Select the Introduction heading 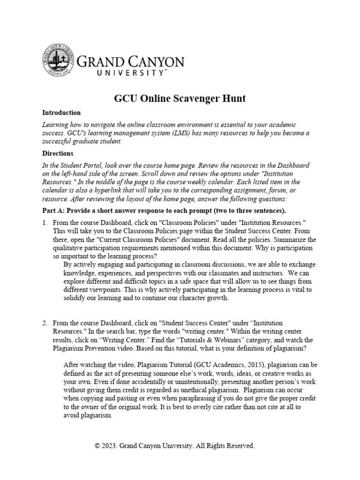click(x=61, y=113)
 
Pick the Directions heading click(x=58, y=153)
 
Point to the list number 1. click(x=45, y=223)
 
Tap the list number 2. click(x=45, y=323)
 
